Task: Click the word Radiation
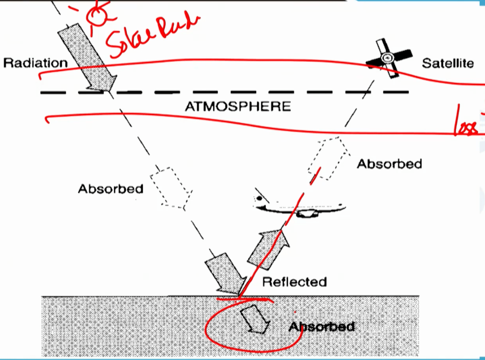(35, 63)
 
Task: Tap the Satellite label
(447, 64)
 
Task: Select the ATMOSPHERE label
(238, 106)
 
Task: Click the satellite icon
(388, 58)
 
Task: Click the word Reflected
(294, 282)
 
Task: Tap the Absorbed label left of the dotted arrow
(110, 189)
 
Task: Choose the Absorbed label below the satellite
(389, 164)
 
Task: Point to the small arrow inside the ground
(255, 318)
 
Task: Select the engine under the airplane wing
(306, 213)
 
